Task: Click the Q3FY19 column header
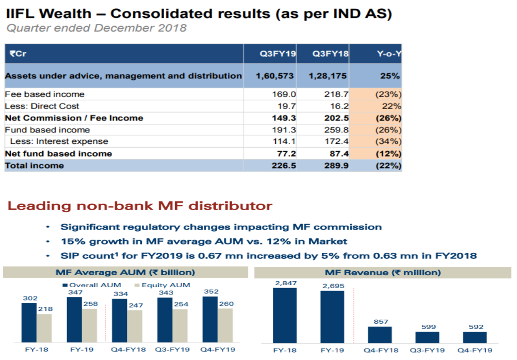click(x=277, y=54)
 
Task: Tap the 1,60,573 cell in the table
click(x=275, y=76)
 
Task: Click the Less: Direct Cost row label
click(x=42, y=106)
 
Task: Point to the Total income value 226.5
click(x=284, y=166)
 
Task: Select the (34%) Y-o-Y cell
click(x=388, y=142)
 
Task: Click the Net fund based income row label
click(x=58, y=154)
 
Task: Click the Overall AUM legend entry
click(x=92, y=285)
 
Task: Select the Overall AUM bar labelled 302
click(x=29, y=323)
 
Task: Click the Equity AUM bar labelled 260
click(x=225, y=325)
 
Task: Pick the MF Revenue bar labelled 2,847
click(x=285, y=315)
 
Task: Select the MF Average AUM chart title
click(x=125, y=272)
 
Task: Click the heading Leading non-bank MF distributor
click(x=140, y=206)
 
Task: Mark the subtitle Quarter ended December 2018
click(x=96, y=28)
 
